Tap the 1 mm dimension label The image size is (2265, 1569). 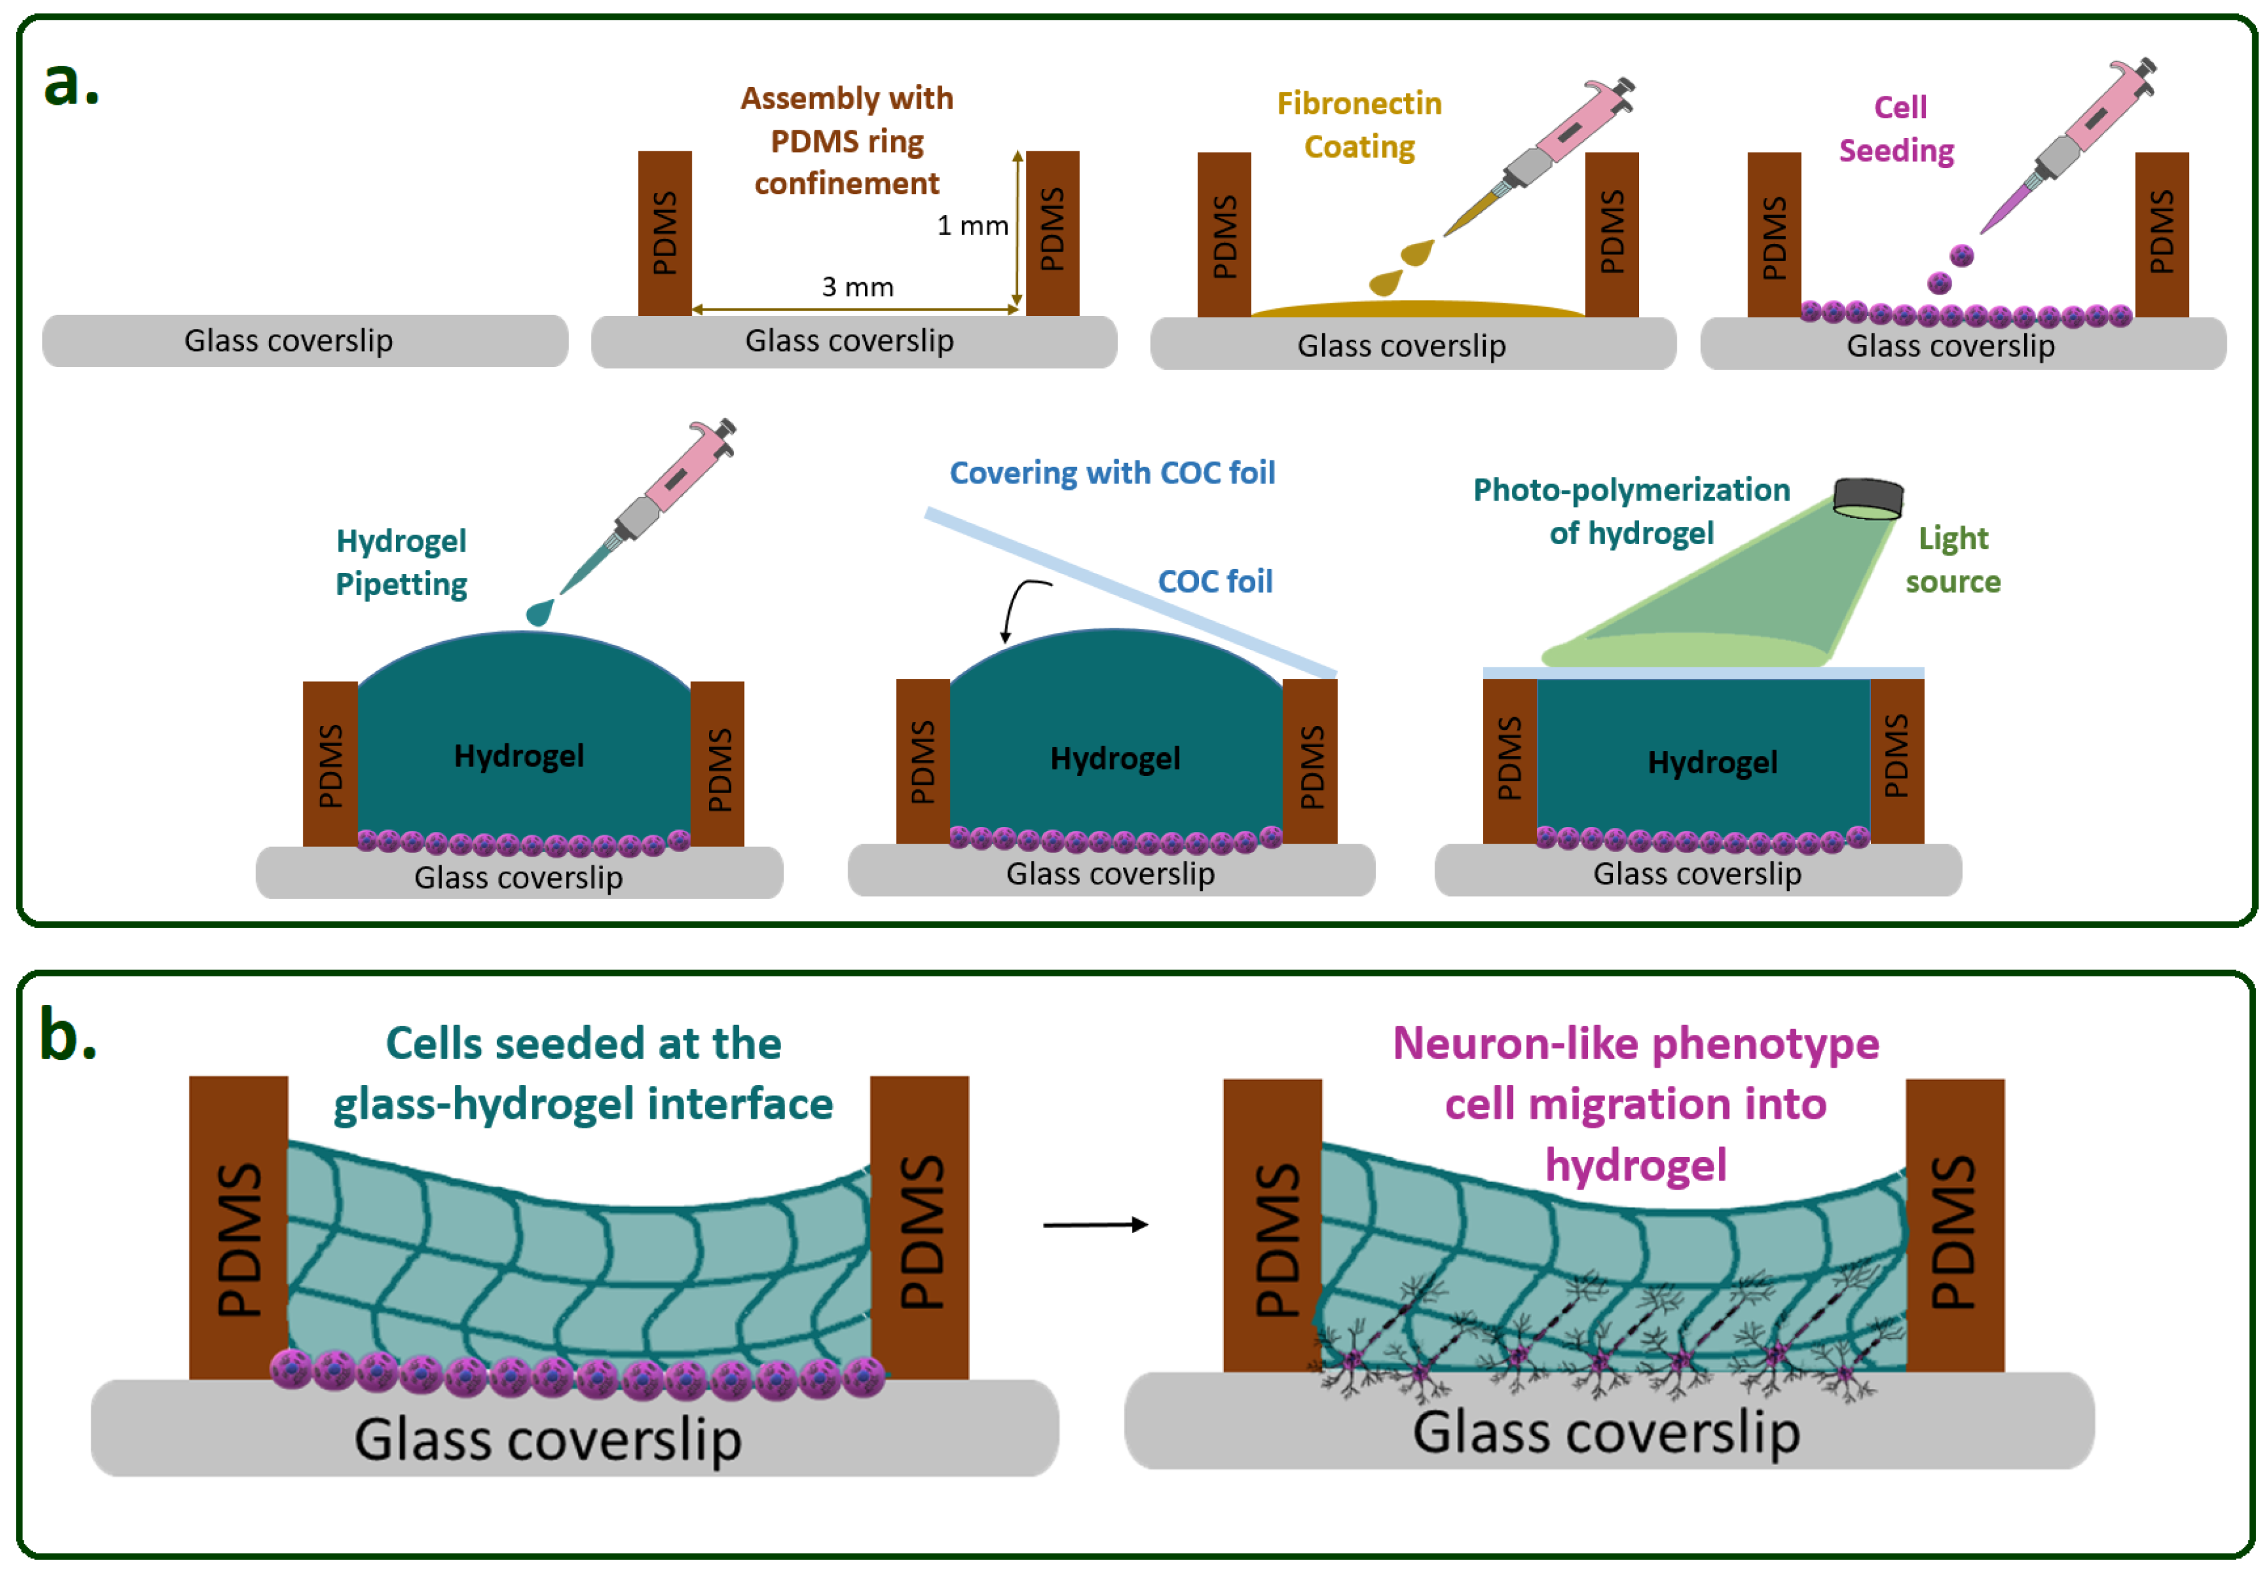(x=972, y=226)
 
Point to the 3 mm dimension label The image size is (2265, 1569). (x=857, y=287)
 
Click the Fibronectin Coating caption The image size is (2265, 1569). (x=1359, y=125)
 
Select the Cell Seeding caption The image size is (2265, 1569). (x=1896, y=129)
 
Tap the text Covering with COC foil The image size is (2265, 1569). (x=1112, y=473)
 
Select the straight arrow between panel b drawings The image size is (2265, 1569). (x=1094, y=1224)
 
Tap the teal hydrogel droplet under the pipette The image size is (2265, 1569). (x=538, y=612)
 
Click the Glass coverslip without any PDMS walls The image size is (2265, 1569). (x=305, y=341)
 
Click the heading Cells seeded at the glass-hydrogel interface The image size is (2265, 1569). (x=583, y=1073)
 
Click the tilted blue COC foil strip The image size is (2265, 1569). (x=1131, y=593)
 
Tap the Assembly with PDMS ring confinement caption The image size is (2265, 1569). (x=846, y=140)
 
